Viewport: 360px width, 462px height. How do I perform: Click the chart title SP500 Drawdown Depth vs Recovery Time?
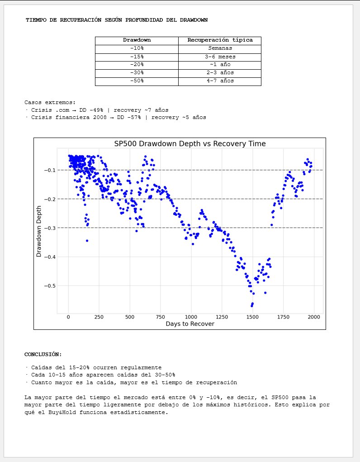[189, 144]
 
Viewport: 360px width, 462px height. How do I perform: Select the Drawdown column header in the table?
[137, 40]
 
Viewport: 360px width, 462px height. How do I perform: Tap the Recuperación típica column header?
[220, 40]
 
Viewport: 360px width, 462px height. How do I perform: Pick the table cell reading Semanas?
[220, 48]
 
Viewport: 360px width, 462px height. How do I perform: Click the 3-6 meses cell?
[220, 57]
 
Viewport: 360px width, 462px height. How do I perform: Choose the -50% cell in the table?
[137, 81]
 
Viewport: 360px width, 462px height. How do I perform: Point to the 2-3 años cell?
[220, 73]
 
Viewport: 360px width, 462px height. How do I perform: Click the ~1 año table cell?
[220, 65]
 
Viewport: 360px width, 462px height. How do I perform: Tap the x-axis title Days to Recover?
[189, 324]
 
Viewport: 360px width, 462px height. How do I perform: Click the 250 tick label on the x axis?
[99, 317]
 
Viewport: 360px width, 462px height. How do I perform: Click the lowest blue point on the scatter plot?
[251, 306]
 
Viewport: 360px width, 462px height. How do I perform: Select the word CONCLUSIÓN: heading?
[43, 354]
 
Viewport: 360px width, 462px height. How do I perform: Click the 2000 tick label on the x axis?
[314, 317]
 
